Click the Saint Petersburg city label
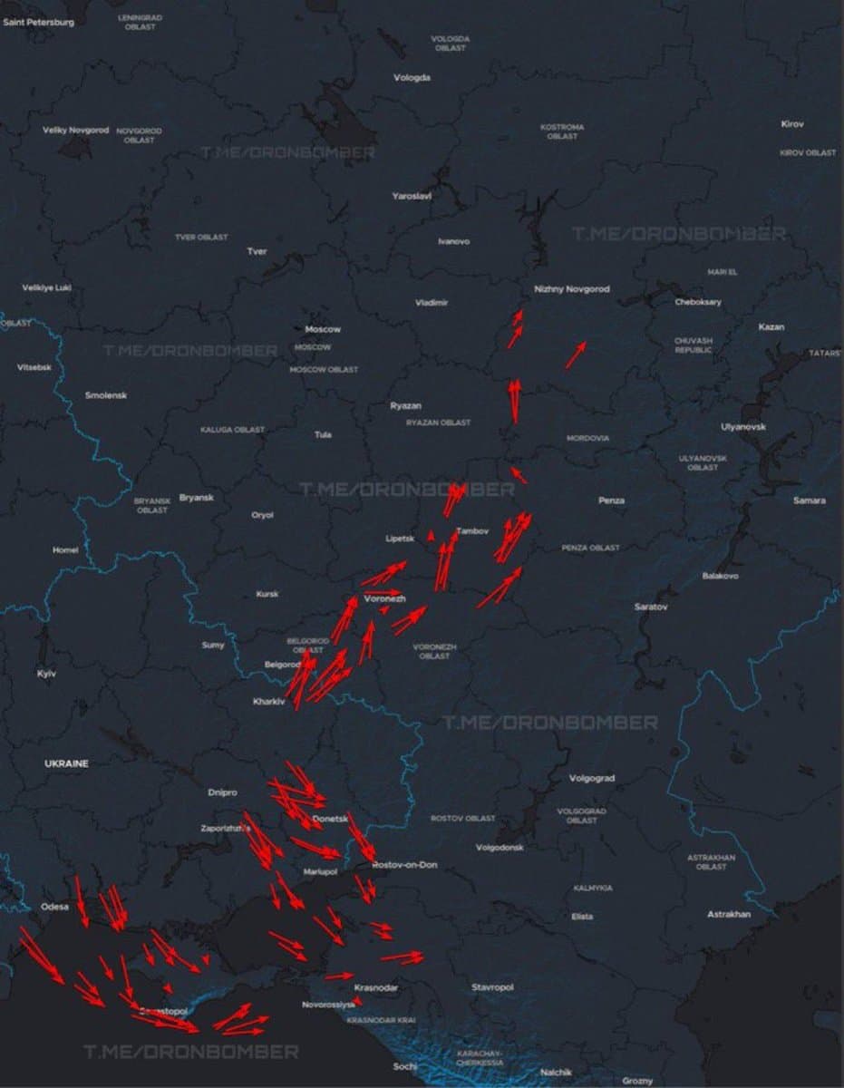pyautogui.click(x=39, y=22)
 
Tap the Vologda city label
pyautogui.click(x=412, y=78)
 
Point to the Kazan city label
pyautogui.click(x=771, y=327)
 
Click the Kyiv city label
pyautogui.click(x=45, y=675)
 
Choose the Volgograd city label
pyautogui.click(x=592, y=779)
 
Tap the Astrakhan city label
pyautogui.click(x=729, y=915)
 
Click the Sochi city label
pyautogui.click(x=405, y=1066)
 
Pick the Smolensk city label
pyautogui.click(x=106, y=395)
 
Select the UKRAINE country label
pyautogui.click(x=66, y=764)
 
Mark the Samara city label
pyautogui.click(x=809, y=500)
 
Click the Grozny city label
pyautogui.click(x=637, y=1081)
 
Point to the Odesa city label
pyautogui.click(x=55, y=907)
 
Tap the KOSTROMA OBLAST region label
pyautogui.click(x=562, y=131)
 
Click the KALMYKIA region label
pyautogui.click(x=593, y=889)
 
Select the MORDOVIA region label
pyautogui.click(x=587, y=438)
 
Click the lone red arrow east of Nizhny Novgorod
pyautogui.click(x=575, y=355)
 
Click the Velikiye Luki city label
pyautogui.click(x=46, y=288)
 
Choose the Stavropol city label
pyautogui.click(x=492, y=986)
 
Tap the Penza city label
pyautogui.click(x=611, y=500)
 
